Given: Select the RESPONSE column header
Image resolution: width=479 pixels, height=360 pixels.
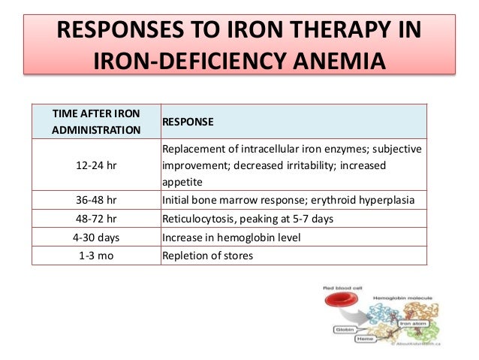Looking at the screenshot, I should coord(188,121).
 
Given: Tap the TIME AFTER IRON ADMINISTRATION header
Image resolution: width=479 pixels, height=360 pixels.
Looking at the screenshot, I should coord(96,121).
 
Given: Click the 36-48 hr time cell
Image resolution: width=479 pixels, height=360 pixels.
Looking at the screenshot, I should coord(96,201).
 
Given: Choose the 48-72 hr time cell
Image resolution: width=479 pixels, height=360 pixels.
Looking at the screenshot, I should coord(96,219).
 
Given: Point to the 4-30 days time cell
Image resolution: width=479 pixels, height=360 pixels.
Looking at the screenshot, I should coord(96,237).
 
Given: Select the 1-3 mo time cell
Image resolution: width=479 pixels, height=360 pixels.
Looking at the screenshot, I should coord(96,255).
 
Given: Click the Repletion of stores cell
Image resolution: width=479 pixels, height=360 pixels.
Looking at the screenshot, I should coord(208,255).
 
